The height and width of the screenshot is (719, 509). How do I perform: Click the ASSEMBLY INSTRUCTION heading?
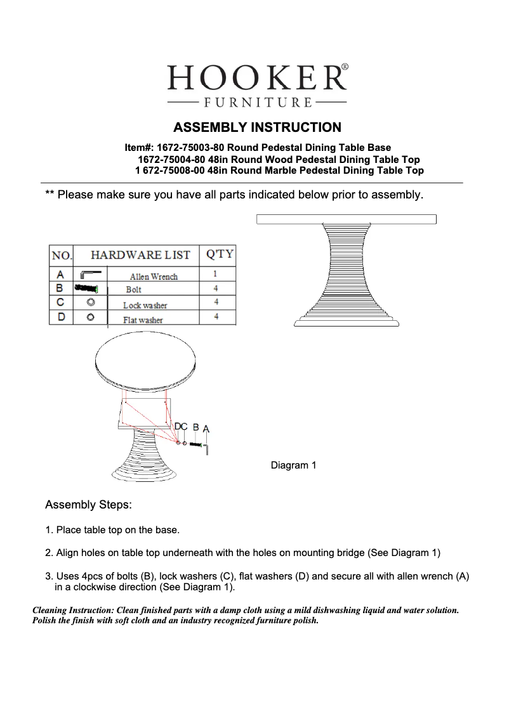click(x=257, y=127)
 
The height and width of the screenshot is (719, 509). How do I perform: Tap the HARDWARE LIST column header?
click(x=140, y=255)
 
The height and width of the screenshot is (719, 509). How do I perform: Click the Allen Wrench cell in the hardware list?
click(x=154, y=276)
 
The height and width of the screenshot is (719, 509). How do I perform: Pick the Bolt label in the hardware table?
click(x=133, y=289)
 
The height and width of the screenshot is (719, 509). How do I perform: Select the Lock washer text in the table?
click(x=145, y=305)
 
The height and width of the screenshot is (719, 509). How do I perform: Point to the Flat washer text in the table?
click(x=143, y=320)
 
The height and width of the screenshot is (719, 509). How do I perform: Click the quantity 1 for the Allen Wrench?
click(x=216, y=275)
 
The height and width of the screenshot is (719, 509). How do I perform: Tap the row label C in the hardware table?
click(x=60, y=302)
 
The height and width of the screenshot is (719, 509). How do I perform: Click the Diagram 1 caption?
click(x=293, y=466)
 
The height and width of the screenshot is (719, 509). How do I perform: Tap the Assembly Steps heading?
click(x=88, y=505)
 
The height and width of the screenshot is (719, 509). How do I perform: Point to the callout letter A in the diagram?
click(x=206, y=429)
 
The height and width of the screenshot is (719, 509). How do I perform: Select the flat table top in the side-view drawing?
click(x=346, y=219)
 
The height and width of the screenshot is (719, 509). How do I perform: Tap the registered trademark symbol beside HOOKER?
click(x=344, y=66)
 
